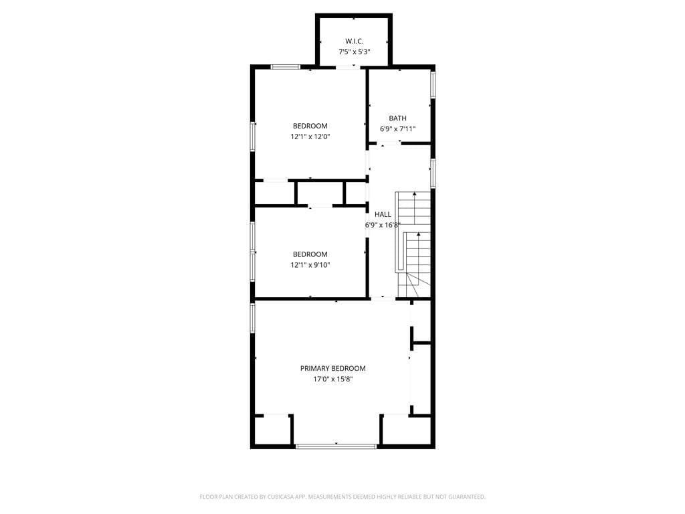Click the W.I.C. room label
pos(354,41)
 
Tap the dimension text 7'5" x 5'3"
pos(355,52)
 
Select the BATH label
pos(397,118)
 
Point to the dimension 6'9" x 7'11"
pos(397,129)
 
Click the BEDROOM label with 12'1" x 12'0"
pos(310,126)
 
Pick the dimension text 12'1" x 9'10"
pos(310,265)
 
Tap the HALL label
pos(383,214)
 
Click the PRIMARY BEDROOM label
pos(333,369)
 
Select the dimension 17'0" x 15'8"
pos(333,379)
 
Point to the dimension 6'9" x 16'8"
pos(383,225)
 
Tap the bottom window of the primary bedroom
pos(336,446)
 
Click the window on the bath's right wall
pos(433,84)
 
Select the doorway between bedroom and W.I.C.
pos(348,67)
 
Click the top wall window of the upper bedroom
pos(285,67)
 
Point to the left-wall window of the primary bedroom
pos(252,317)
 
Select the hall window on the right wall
pos(433,173)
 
